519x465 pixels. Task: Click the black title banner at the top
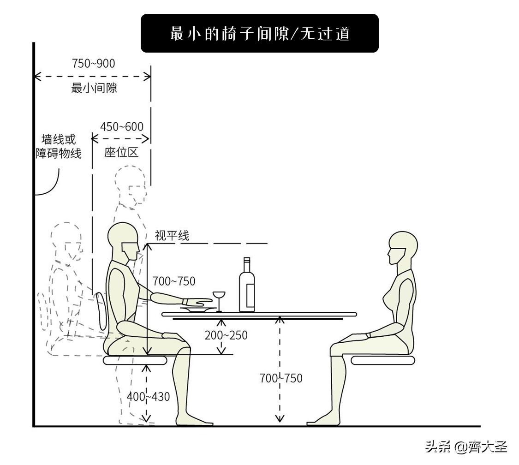(x=259, y=33)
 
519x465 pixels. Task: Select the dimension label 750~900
(x=93, y=63)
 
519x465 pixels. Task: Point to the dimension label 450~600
(x=122, y=126)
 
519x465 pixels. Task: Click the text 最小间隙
(x=94, y=88)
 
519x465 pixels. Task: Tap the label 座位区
(x=121, y=153)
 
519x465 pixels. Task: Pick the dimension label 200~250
(x=226, y=335)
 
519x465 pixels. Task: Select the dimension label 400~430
(x=149, y=396)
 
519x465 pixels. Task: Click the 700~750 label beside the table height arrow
(x=280, y=378)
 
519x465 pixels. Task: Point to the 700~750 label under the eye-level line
(x=174, y=280)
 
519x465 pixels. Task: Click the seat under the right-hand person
(x=382, y=360)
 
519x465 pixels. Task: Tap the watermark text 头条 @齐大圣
(x=466, y=447)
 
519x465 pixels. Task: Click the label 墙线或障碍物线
(x=59, y=146)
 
